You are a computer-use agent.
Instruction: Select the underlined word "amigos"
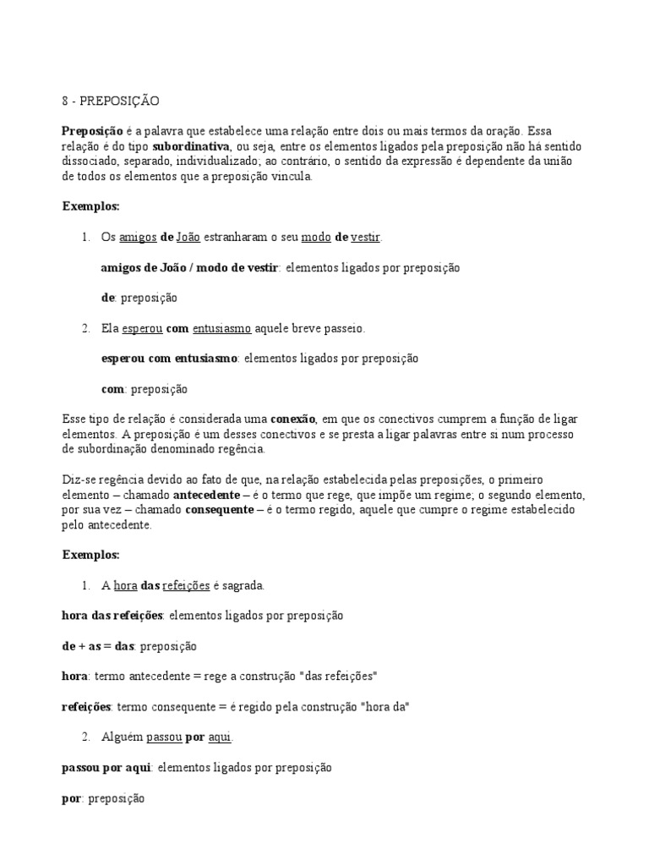139,238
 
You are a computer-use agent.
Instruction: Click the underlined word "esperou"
141,328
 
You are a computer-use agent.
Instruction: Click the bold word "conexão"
293,419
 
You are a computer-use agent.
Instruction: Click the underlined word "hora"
126,585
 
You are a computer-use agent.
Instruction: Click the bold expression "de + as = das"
99,646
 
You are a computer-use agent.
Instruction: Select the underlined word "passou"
164,737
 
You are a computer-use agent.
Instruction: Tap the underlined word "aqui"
220,737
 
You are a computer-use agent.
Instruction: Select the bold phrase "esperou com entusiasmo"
169,359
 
